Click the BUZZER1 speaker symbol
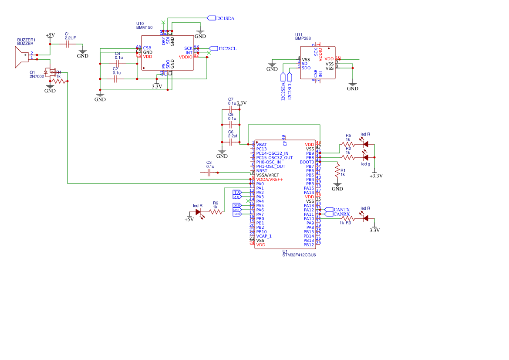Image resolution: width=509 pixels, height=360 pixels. (22, 57)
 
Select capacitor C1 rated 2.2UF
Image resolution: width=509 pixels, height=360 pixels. (67, 44)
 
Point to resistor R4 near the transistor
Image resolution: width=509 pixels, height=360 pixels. (59, 81)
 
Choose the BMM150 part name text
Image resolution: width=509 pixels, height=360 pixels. (144, 27)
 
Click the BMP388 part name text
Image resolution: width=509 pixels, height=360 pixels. (303, 38)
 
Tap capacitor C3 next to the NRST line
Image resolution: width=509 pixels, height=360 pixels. (209, 173)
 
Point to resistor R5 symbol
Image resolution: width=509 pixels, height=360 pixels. (347, 144)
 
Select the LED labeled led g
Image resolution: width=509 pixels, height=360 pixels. (365, 157)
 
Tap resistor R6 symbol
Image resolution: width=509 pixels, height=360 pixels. (216, 212)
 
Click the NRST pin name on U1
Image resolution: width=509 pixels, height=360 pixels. (262, 171)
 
